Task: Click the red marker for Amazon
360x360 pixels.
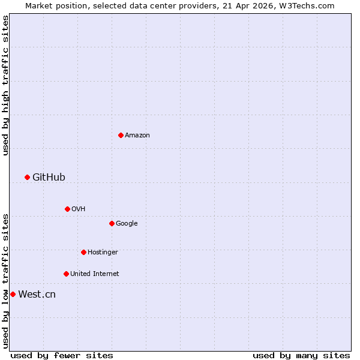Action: click(x=121, y=135)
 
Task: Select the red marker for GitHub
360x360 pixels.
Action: click(x=27, y=177)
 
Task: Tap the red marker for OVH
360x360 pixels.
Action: click(x=67, y=209)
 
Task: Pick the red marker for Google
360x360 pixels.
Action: click(x=112, y=223)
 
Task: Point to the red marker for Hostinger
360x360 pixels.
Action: click(x=83, y=252)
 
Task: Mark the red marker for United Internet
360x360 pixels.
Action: click(x=66, y=274)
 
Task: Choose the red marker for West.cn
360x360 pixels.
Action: click(x=13, y=294)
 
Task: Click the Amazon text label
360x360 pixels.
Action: click(x=137, y=136)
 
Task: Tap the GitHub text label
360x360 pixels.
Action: click(x=49, y=177)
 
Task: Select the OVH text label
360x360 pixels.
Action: click(x=78, y=209)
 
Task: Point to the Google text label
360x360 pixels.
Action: click(x=127, y=224)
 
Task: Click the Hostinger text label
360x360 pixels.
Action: click(x=103, y=253)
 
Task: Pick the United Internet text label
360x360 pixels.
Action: click(x=94, y=274)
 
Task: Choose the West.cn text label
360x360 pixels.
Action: click(x=37, y=294)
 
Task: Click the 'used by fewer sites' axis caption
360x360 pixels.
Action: click(x=62, y=355)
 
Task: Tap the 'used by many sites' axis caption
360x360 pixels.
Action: click(x=301, y=355)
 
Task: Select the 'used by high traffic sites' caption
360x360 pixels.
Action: click(x=5, y=85)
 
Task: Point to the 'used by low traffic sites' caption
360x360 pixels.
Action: click(x=5, y=281)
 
